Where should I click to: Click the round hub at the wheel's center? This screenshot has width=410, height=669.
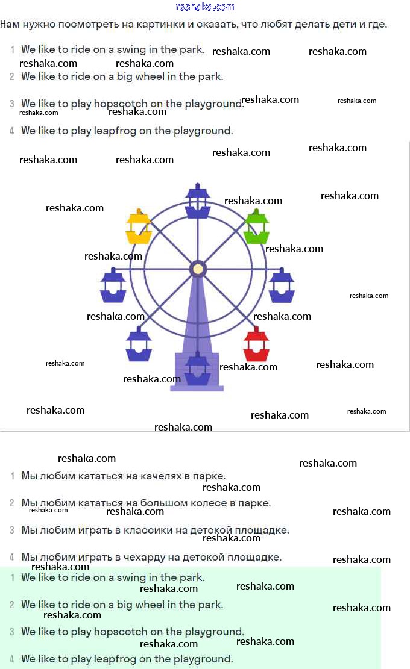198,269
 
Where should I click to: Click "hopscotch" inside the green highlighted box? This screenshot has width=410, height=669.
125,632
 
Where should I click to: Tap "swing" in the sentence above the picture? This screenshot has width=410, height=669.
131,50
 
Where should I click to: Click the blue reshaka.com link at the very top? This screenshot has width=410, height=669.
205,7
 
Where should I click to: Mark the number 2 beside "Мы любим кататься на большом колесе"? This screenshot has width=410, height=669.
12,503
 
